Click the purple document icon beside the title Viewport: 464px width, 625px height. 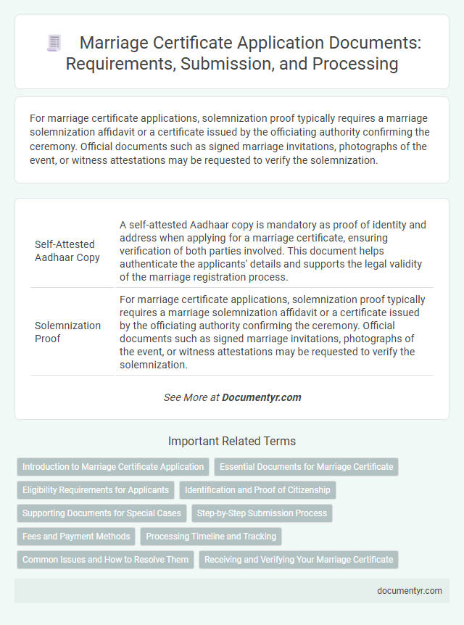tap(54, 43)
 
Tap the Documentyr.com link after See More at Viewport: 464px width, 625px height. tap(261, 397)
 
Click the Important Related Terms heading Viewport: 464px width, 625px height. tap(232, 441)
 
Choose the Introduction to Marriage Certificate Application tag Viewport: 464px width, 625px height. tap(113, 466)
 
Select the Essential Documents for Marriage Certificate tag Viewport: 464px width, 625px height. tap(307, 466)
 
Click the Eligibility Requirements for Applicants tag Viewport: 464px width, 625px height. tap(96, 489)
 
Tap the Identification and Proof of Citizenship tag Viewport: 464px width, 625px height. tap(257, 489)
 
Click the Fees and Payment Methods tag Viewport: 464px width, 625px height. tap(76, 537)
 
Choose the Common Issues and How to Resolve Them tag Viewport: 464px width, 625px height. tap(105, 560)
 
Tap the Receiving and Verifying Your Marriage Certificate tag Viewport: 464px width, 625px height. tap(299, 560)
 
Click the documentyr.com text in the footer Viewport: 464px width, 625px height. tap(410, 590)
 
